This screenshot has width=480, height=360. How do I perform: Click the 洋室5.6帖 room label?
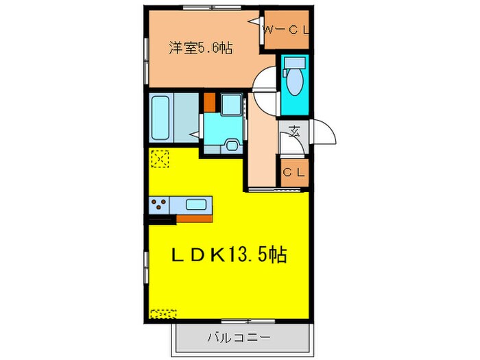(200, 48)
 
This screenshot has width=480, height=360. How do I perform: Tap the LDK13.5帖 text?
(229, 255)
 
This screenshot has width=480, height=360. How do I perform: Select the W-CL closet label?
(287, 29)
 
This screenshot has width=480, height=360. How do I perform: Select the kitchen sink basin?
(197, 204)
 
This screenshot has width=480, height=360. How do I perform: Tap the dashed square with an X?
(160, 159)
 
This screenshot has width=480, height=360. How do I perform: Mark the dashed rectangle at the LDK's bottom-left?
(163, 313)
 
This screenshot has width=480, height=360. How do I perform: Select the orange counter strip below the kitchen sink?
(195, 219)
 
